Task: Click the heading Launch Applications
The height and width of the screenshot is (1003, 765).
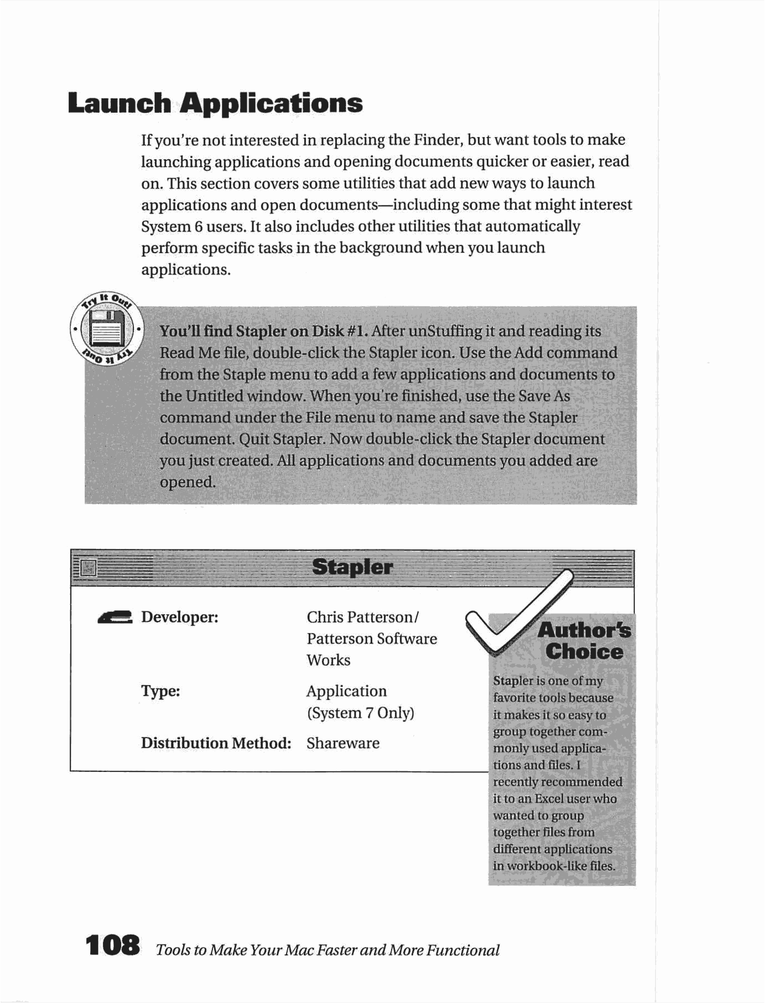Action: pos(215,103)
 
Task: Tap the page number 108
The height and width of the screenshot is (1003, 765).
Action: pos(112,945)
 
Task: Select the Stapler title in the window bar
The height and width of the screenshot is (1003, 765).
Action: pos(352,567)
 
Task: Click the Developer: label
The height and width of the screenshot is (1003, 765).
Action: pos(180,617)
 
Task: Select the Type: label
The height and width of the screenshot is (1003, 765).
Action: pos(160,691)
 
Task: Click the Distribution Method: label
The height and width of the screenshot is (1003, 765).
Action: pos(216,743)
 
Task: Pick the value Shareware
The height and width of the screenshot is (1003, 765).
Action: pos(342,743)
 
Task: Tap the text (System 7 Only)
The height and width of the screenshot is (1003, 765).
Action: pos(360,713)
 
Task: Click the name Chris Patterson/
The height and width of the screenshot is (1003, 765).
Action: pos(362,617)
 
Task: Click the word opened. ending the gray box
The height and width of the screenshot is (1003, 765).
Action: pos(187,482)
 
